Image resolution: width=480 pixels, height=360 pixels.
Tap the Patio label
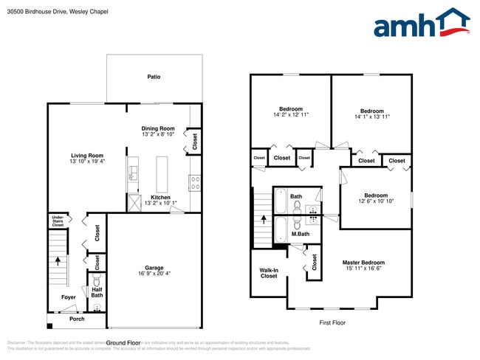tap(154, 77)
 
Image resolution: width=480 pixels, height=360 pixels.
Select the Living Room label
tap(86, 156)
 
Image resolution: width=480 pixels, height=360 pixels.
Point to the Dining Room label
tap(158, 128)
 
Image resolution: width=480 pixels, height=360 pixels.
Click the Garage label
tap(154, 268)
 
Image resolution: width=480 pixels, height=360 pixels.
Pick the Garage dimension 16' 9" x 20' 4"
tap(154, 274)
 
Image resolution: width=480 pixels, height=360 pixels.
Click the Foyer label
tap(69, 297)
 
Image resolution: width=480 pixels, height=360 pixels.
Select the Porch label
tap(77, 319)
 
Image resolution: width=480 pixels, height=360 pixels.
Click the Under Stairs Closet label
tap(57, 220)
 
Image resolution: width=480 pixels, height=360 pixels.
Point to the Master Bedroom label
tap(363, 263)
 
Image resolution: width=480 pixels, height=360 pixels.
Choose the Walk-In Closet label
tap(269, 273)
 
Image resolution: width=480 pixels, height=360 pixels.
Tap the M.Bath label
tap(300, 235)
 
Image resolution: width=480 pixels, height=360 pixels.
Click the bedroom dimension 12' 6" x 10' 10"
tap(376, 201)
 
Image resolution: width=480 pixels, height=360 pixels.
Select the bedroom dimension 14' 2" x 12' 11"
tap(290, 115)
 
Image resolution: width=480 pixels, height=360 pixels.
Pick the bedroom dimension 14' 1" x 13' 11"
tap(371, 117)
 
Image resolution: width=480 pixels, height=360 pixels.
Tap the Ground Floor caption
tap(123, 343)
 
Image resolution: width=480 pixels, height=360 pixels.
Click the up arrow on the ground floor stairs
tap(56, 260)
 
